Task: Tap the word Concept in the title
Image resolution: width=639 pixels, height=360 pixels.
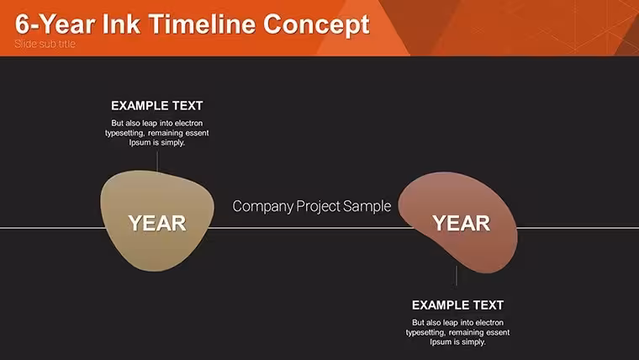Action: click(316, 25)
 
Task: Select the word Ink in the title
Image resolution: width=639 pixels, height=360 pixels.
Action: click(121, 24)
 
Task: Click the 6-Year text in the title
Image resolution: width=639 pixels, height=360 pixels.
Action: click(55, 24)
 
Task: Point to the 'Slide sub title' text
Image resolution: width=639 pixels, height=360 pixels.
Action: click(45, 44)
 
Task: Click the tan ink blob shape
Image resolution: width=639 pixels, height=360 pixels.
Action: click(157, 220)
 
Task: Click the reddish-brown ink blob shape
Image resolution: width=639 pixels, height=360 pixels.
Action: click(459, 222)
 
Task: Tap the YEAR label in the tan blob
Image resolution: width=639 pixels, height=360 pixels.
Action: click(157, 224)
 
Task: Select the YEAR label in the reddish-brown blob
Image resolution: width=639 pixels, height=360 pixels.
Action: click(462, 224)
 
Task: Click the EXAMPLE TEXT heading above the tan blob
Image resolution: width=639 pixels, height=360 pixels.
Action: click(157, 106)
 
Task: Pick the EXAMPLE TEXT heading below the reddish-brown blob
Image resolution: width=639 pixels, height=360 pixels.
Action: click(457, 305)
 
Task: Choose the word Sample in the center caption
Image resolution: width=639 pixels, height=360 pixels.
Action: click(367, 207)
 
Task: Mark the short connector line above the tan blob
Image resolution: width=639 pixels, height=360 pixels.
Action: click(157, 161)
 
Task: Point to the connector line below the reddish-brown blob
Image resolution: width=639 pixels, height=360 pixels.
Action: click(457, 276)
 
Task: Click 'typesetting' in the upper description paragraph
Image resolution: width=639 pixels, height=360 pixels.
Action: click(124, 134)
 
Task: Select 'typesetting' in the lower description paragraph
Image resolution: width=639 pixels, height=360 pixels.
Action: click(425, 333)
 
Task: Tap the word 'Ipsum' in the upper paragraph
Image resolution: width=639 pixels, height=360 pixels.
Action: click(140, 143)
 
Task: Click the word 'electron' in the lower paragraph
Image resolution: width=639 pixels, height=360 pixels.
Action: click(489, 322)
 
